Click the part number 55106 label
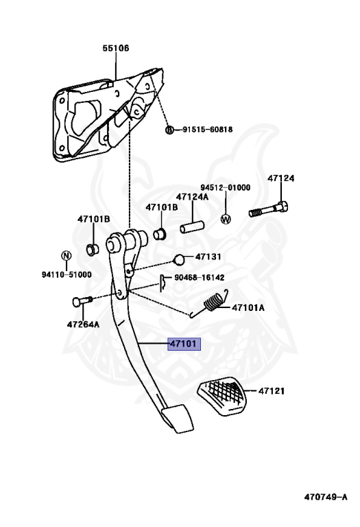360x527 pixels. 116,49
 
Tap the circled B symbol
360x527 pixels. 170,130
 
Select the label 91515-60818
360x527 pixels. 208,130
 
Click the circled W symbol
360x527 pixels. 226,219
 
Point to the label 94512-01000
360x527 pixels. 226,187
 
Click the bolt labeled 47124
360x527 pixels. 269,210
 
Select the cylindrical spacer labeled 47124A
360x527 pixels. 193,226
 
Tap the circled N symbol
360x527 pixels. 67,256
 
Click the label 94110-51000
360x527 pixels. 67,274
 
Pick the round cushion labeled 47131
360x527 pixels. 179,259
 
